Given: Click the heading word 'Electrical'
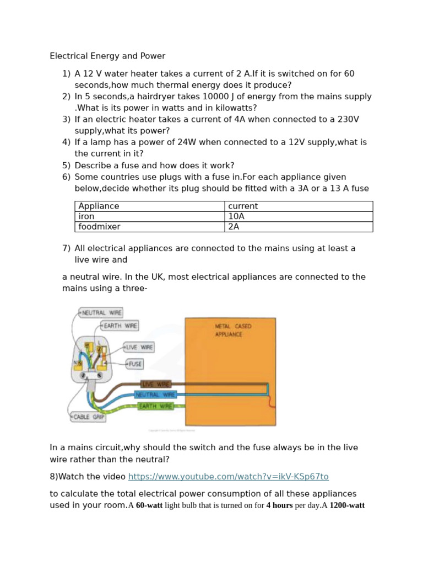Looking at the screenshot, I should point(68,56).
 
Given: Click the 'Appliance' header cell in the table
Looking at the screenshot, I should point(99,206).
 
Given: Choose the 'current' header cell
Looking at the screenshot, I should point(243,206).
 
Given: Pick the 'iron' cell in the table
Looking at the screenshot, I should point(86,216).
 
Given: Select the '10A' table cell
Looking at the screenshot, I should point(236,216).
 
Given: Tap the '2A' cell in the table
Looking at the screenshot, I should point(234,226).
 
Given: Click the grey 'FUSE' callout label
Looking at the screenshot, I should point(135,364).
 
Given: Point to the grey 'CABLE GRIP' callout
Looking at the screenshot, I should point(88,417).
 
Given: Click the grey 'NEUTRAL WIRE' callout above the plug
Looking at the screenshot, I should point(101,313).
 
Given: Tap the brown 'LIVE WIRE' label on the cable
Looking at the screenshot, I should point(156,384).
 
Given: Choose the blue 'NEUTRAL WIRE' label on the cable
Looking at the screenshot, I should point(155,395).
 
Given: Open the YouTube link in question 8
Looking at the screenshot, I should point(228,476).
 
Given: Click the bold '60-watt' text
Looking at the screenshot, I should point(149,505).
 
